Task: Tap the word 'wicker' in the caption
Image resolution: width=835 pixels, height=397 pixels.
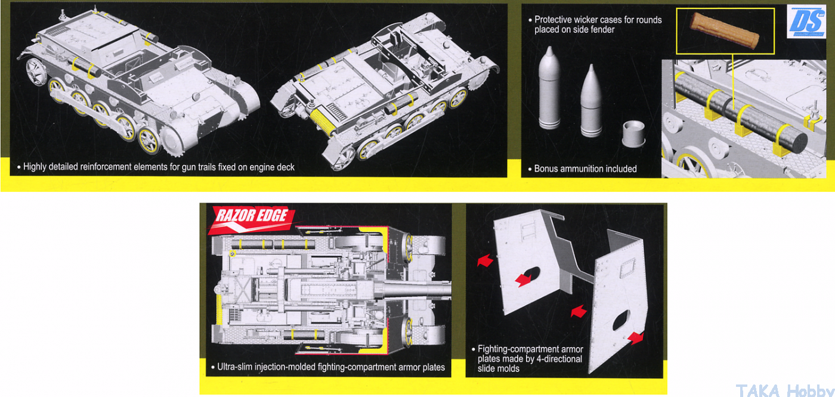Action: tap(592, 20)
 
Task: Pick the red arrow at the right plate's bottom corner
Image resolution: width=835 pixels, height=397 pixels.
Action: tap(636, 337)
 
